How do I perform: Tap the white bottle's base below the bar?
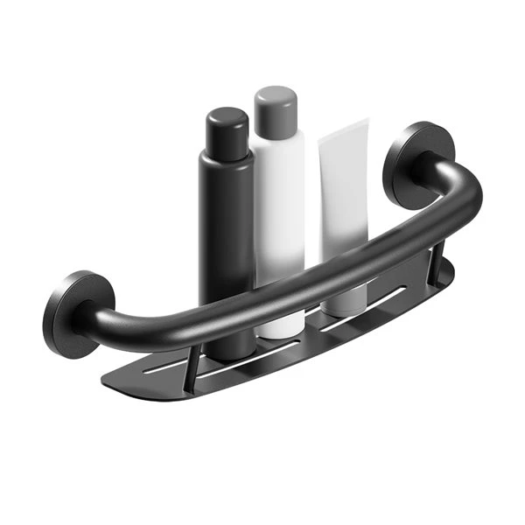tap(280, 325)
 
